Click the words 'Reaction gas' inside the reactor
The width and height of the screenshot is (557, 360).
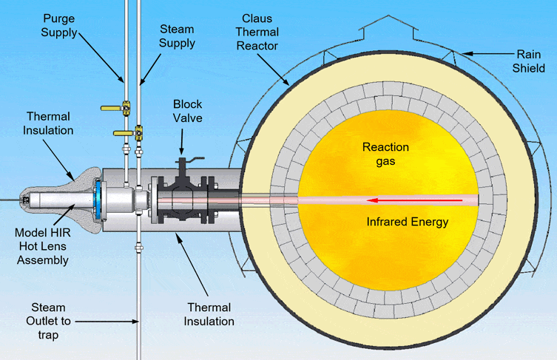[x=385, y=154]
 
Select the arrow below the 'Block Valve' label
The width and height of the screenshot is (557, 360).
[x=180, y=140]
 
